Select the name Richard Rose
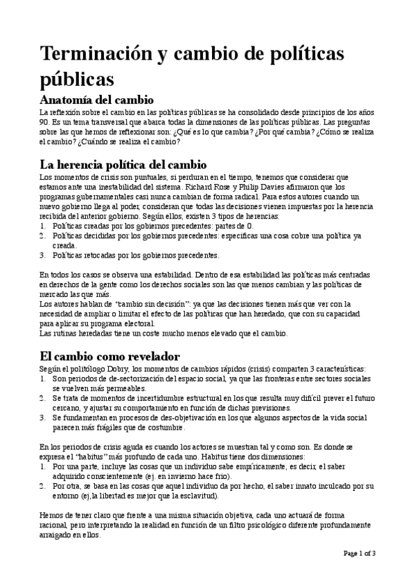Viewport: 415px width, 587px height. [x=222, y=186]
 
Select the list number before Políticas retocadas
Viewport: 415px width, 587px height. [x=42, y=255]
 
